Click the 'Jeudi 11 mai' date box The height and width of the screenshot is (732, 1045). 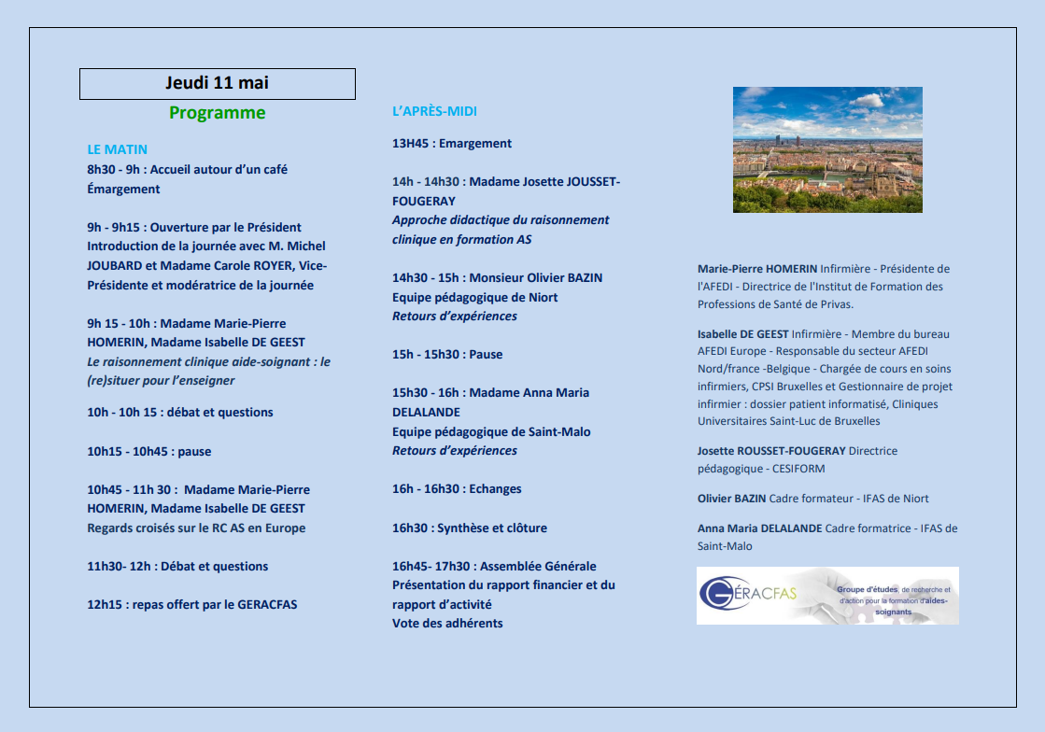click(217, 83)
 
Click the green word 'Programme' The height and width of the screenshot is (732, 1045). click(217, 113)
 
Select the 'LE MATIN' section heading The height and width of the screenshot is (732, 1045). click(117, 149)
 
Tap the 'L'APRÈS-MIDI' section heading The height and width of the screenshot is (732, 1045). click(434, 111)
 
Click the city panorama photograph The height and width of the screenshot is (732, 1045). click(827, 149)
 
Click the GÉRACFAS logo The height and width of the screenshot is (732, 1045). click(827, 596)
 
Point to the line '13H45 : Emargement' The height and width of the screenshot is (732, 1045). click(452, 144)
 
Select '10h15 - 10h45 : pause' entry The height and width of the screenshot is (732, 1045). click(149, 452)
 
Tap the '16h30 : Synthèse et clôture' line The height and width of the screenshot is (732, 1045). click(470, 528)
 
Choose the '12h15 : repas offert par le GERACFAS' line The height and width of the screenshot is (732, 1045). click(192, 604)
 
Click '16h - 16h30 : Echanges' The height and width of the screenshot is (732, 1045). click(457, 489)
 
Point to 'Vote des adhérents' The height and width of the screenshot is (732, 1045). click(447, 624)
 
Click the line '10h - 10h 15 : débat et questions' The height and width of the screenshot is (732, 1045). click(180, 413)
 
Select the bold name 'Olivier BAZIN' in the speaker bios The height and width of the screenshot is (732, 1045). click(731, 499)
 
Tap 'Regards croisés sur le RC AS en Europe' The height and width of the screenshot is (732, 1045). click(196, 528)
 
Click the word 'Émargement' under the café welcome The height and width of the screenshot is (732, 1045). click(124, 190)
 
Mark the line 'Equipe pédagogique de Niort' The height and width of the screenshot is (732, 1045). click(475, 298)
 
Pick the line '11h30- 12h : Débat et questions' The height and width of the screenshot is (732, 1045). click(177, 567)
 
